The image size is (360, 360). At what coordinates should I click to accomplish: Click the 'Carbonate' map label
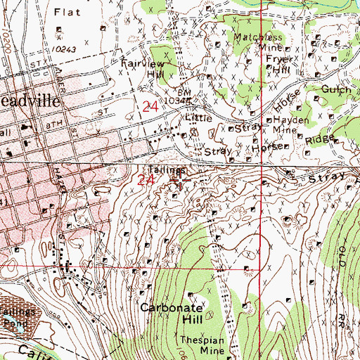point(171,308)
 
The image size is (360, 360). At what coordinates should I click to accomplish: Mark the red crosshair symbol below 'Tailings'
point(180,181)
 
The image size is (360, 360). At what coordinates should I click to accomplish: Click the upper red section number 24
point(150,107)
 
